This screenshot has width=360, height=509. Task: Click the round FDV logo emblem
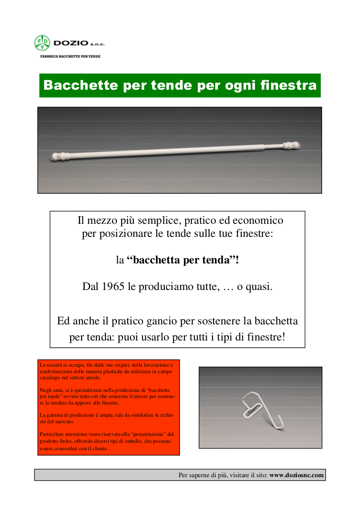point(42,43)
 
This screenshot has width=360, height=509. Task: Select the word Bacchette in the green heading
point(81,85)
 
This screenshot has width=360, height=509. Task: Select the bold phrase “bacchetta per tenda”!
point(183,260)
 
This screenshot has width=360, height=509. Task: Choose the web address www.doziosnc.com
point(296,475)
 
